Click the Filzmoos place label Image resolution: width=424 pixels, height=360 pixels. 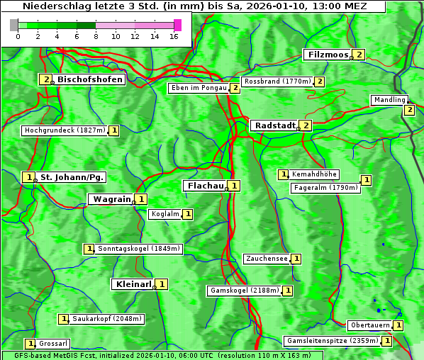click(328, 55)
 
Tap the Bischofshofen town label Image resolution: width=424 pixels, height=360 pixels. click(90, 79)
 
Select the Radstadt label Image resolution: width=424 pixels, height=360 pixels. click(274, 125)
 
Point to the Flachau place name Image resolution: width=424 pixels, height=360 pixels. click(205, 186)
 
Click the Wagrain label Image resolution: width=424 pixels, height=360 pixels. click(111, 199)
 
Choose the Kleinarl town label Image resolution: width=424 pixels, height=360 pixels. click(133, 284)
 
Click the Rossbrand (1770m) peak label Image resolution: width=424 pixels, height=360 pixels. click(277, 81)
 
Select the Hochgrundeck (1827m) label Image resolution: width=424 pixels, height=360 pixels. click(65, 130)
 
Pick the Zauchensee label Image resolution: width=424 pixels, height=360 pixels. click(267, 259)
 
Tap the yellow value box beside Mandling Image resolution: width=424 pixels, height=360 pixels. click(409, 110)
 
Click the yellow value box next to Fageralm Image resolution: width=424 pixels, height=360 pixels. click(366, 180)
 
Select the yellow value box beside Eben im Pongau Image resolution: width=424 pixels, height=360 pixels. click(235, 88)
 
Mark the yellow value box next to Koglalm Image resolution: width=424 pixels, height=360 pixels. click(187, 213)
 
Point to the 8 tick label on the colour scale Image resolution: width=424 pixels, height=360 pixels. click(96, 36)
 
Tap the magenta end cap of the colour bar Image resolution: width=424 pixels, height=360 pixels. click(177, 25)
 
